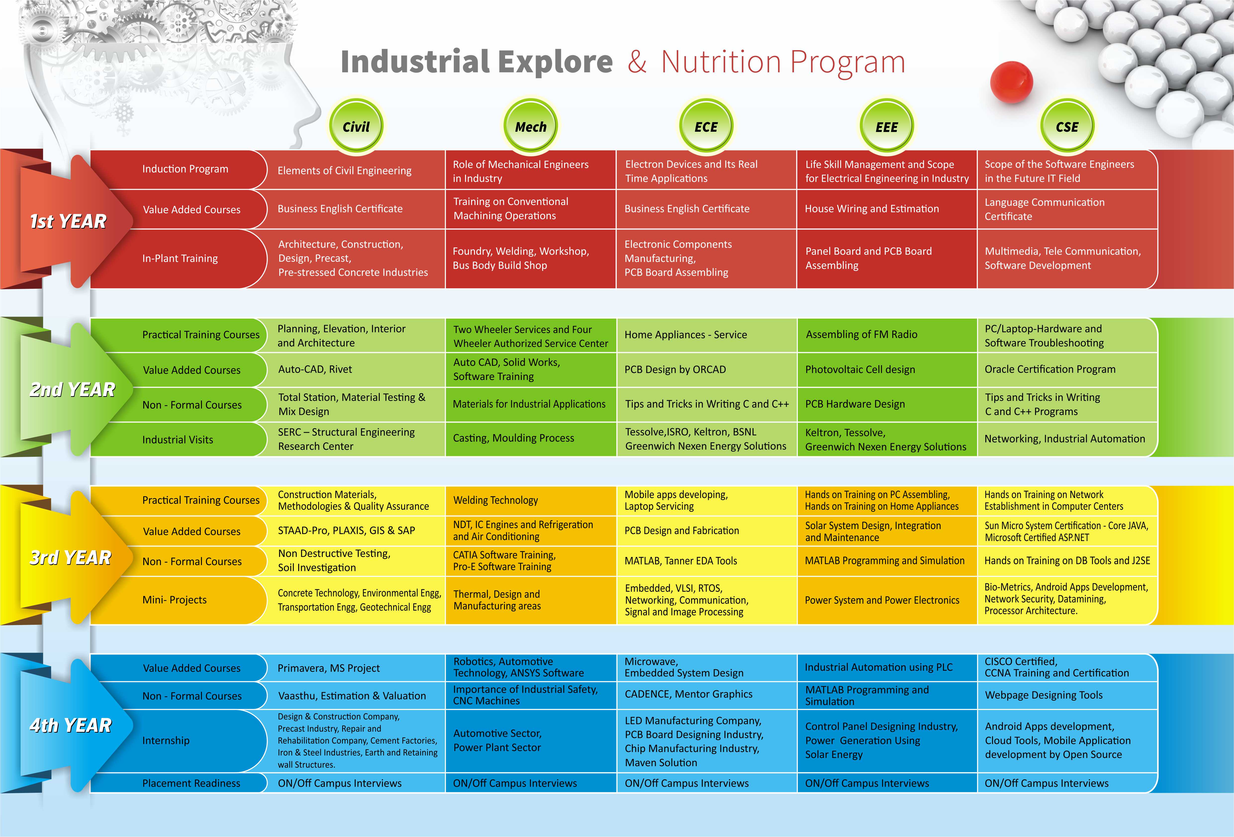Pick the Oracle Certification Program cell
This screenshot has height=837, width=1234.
(1050, 369)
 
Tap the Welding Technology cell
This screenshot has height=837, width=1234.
(495, 500)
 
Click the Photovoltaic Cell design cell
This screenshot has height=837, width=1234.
(860, 369)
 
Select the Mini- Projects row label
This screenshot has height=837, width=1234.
(174, 600)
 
